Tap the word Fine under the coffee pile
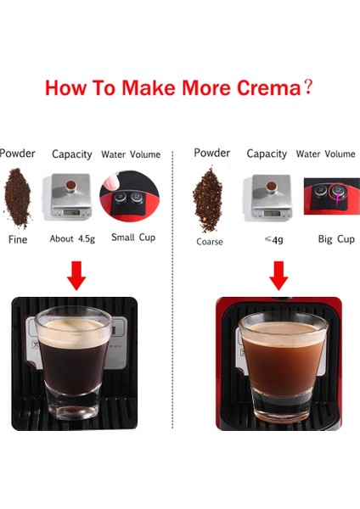point(19,240)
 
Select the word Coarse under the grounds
point(209,242)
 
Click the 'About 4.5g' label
point(72,238)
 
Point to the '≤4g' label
point(273,239)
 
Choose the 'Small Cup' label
point(133,238)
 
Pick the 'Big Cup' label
point(335,239)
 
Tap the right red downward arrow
point(278,275)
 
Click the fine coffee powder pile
point(18,198)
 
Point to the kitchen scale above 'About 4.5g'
point(72,196)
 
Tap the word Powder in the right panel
point(211,154)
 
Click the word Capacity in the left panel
point(72,154)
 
